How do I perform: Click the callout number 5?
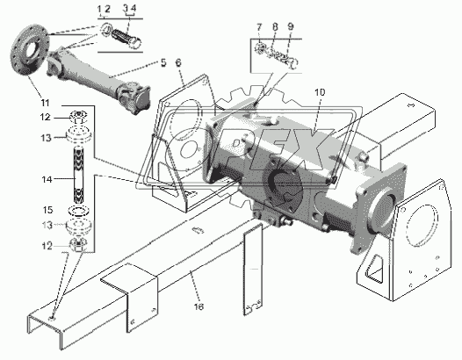click(x=163, y=62)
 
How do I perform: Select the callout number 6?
click(x=178, y=62)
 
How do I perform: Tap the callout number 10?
click(x=320, y=92)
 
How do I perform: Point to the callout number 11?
click(x=45, y=103)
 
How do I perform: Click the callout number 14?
click(x=47, y=179)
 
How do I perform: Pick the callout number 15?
click(x=47, y=210)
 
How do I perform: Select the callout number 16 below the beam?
click(x=199, y=306)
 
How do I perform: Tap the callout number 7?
click(x=259, y=27)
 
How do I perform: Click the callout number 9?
click(x=291, y=26)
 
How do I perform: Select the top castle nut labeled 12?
click(x=78, y=117)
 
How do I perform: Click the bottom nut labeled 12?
click(x=77, y=245)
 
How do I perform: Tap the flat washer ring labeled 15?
click(x=78, y=211)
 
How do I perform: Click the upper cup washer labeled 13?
click(x=78, y=135)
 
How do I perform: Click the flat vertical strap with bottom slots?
click(x=252, y=270)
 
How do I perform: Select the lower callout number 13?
click(x=47, y=226)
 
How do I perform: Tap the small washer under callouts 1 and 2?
click(x=105, y=30)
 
